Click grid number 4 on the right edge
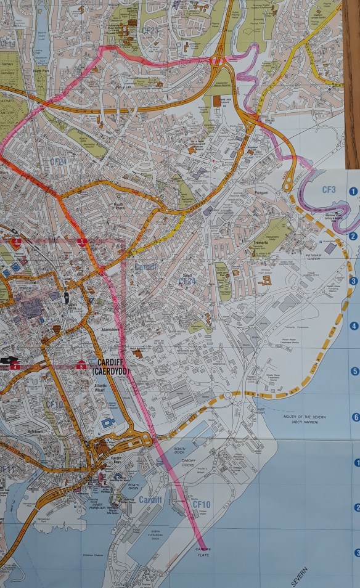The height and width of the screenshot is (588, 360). pos(354,326)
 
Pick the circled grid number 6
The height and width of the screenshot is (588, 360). pos(355,417)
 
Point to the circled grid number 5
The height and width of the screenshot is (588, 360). pos(354,372)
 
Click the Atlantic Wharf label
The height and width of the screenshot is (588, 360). pos(113,386)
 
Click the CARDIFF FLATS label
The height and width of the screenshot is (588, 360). pos(203,551)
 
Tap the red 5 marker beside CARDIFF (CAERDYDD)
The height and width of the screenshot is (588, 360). pos(81,365)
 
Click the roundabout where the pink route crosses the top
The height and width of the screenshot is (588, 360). pos(218,62)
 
